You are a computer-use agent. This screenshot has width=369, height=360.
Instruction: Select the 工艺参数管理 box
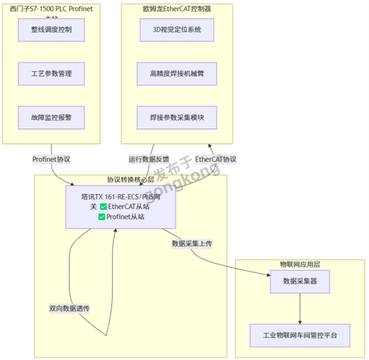pyautogui.click(x=52, y=74)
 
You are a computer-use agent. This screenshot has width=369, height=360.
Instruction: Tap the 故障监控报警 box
pyautogui.click(x=52, y=117)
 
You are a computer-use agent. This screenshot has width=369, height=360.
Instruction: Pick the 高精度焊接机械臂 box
pyautogui.click(x=177, y=74)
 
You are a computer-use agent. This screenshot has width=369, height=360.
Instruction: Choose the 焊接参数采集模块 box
pyautogui.click(x=177, y=117)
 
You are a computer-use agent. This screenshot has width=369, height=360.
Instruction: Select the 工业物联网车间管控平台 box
pyautogui.click(x=300, y=336)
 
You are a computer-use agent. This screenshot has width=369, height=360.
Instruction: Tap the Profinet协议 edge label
pyautogui.click(x=52, y=160)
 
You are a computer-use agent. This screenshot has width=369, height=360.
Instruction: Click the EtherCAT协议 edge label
pyautogui.click(x=216, y=160)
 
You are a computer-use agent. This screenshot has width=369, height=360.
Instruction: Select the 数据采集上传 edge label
pyautogui.click(x=192, y=244)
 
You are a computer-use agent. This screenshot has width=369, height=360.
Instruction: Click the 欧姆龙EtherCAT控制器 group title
pyautogui.click(x=177, y=9)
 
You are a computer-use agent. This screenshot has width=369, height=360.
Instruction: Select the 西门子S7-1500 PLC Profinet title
pyautogui.click(x=52, y=9)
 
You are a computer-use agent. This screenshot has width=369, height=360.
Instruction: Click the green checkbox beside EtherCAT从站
pyautogui.click(x=103, y=207)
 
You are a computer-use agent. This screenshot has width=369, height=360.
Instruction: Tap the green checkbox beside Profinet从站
pyautogui.click(x=101, y=217)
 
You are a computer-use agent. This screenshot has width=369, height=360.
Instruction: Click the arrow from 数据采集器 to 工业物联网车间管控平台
pyautogui.click(x=300, y=309)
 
